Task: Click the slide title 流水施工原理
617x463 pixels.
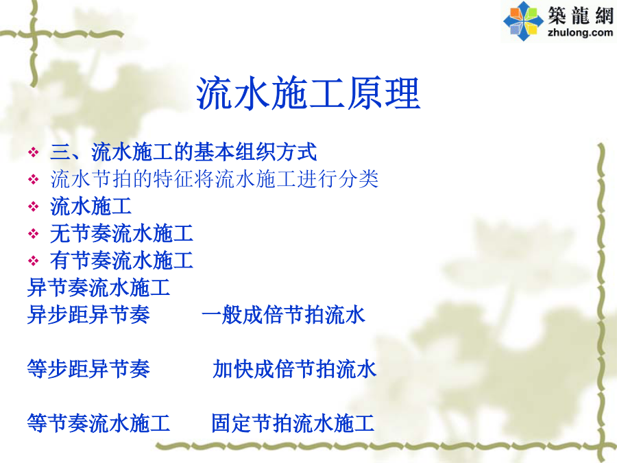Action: (x=308, y=93)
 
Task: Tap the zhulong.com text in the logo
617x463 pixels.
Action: (x=580, y=32)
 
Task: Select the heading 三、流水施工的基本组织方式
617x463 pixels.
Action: (x=183, y=152)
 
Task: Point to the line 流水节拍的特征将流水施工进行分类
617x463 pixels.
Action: (x=215, y=179)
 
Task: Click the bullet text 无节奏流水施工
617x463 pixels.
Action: (x=121, y=233)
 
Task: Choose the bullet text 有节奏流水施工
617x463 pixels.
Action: (x=121, y=261)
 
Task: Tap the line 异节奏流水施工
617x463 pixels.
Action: (x=98, y=287)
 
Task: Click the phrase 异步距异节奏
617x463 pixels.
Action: (x=88, y=315)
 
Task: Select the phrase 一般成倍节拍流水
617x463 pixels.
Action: (x=283, y=315)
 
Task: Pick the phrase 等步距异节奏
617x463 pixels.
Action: (x=88, y=369)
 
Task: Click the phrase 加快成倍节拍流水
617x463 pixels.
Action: (x=294, y=369)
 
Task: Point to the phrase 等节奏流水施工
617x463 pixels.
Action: (x=98, y=423)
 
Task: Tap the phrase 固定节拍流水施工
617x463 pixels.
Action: (x=293, y=423)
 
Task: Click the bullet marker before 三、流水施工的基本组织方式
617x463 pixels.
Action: (x=34, y=152)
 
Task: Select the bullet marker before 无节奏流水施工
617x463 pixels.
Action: (x=34, y=234)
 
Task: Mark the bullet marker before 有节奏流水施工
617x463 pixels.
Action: (x=34, y=261)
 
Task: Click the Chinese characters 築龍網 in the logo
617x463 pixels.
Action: (x=581, y=16)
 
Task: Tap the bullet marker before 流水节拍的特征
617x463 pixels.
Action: (x=34, y=180)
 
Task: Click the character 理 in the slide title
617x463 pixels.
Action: (x=403, y=93)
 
